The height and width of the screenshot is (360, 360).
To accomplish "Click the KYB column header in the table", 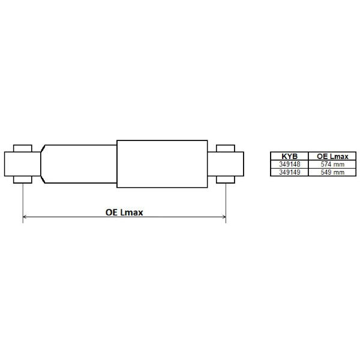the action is tap(289, 157).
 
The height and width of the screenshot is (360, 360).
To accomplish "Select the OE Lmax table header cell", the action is tap(332, 157).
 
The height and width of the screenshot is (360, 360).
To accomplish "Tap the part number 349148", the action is tap(290, 164).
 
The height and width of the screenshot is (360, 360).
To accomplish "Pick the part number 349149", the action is tap(290, 172).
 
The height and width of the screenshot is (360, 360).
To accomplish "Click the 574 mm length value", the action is tap(332, 164).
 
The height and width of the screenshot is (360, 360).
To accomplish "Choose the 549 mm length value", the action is tap(332, 172).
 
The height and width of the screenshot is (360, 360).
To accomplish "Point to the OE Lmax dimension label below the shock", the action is tap(124, 212).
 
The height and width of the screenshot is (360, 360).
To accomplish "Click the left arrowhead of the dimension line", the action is tap(25, 217).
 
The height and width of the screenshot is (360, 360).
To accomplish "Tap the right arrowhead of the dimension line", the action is tap(224, 217).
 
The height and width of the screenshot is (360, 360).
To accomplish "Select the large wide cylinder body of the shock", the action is tap(162, 164).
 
